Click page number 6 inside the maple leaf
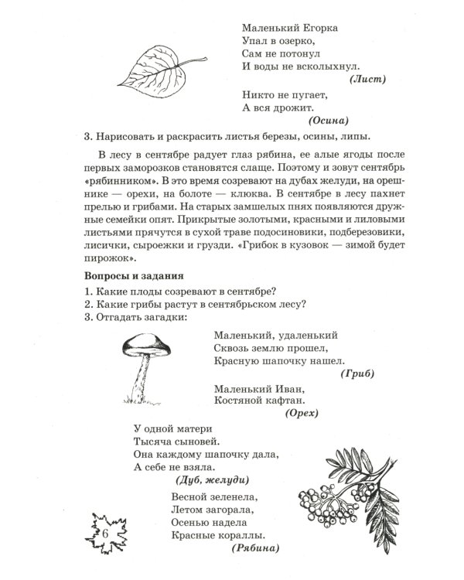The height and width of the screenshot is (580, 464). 104,535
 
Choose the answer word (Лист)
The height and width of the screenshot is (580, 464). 367,79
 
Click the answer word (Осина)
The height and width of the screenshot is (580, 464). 329,121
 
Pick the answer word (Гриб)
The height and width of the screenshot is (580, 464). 357,374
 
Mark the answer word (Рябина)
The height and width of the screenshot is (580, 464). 256,548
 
